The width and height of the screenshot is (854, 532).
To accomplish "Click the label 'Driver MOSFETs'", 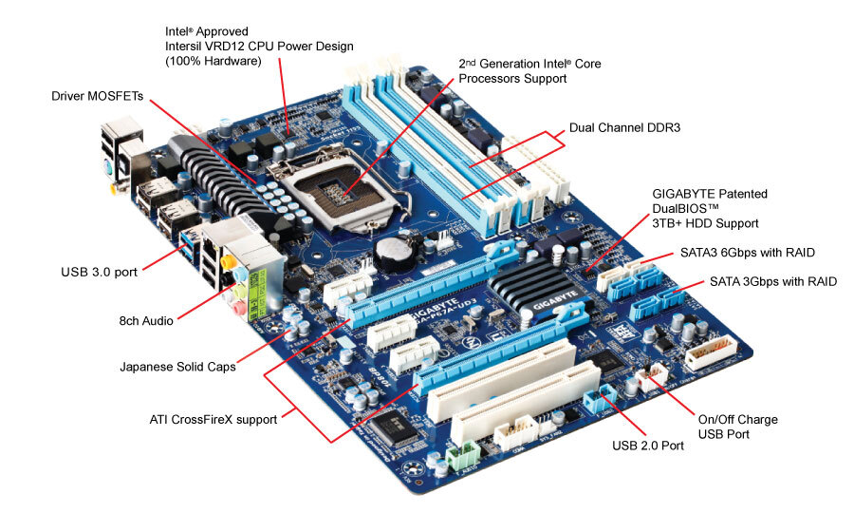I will (98, 96).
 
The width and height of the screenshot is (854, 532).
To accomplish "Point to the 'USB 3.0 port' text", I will (98, 272).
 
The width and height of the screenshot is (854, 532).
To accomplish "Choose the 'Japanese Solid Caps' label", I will (178, 366).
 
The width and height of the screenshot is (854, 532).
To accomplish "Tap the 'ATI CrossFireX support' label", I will (214, 418).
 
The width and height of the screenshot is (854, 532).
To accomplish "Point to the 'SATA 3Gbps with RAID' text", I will (773, 282).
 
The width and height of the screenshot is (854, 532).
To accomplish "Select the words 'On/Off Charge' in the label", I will (737, 419).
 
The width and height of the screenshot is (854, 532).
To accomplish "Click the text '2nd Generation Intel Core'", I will (529, 64).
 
